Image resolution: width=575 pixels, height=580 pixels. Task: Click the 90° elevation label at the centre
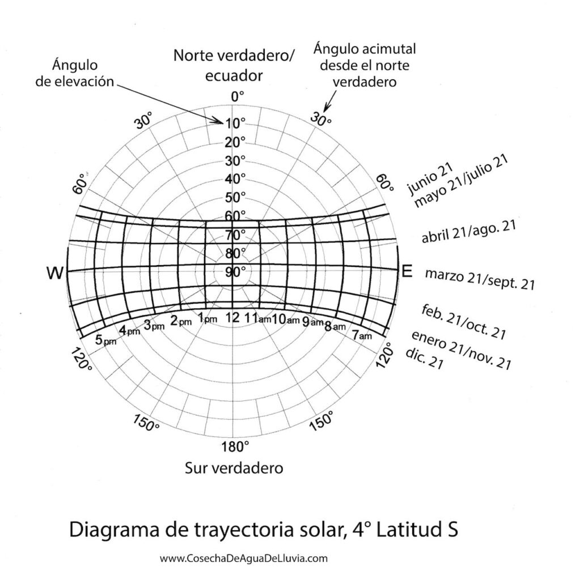(235, 271)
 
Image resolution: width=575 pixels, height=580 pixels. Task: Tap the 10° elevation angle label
(235, 123)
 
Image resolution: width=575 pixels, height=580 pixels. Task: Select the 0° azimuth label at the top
(235, 97)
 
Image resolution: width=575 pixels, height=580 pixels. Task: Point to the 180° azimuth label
(235, 447)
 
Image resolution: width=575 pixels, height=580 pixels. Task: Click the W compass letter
(55, 274)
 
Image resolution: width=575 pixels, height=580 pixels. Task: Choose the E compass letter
(406, 271)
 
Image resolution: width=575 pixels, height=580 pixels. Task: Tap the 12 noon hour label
(232, 318)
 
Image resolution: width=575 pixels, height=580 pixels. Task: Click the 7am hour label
(362, 335)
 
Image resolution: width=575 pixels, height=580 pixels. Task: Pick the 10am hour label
(285, 319)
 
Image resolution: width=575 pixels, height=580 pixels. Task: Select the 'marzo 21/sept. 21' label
(480, 279)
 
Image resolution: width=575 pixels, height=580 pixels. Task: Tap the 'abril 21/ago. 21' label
(468, 232)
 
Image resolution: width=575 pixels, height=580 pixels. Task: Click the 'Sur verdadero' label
(234, 469)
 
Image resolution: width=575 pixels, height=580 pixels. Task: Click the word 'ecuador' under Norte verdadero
(234, 75)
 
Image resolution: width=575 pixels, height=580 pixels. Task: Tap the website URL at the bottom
(244, 558)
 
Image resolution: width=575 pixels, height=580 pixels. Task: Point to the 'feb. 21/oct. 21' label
(464, 321)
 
